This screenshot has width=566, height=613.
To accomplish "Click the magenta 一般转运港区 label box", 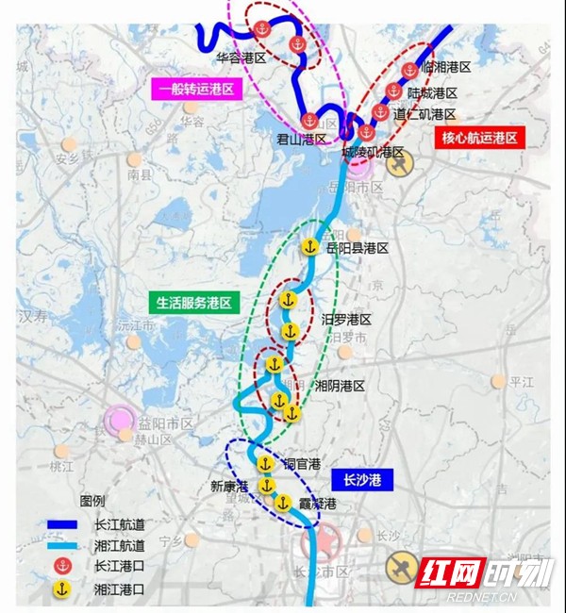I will click(198, 90).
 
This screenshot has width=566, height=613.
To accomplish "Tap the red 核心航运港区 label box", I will click(480, 138).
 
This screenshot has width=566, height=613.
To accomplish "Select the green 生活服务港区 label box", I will click(195, 303).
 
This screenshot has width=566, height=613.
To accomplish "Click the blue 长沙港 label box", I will click(362, 480).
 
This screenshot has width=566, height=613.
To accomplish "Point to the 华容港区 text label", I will click(242, 58).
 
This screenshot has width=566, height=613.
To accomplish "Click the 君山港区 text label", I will click(301, 139).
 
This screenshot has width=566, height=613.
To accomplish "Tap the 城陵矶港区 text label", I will click(373, 152).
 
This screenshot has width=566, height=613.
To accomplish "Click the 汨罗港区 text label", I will click(346, 320).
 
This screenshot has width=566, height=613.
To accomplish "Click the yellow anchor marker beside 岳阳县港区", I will click(308, 247).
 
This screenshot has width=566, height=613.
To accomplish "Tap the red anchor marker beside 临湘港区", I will click(408, 70).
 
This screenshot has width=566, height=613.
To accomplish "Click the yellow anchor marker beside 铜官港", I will click(265, 464).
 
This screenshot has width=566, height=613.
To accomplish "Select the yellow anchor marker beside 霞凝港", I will click(282, 503).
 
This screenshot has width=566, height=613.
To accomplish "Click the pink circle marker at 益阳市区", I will click(122, 420).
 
